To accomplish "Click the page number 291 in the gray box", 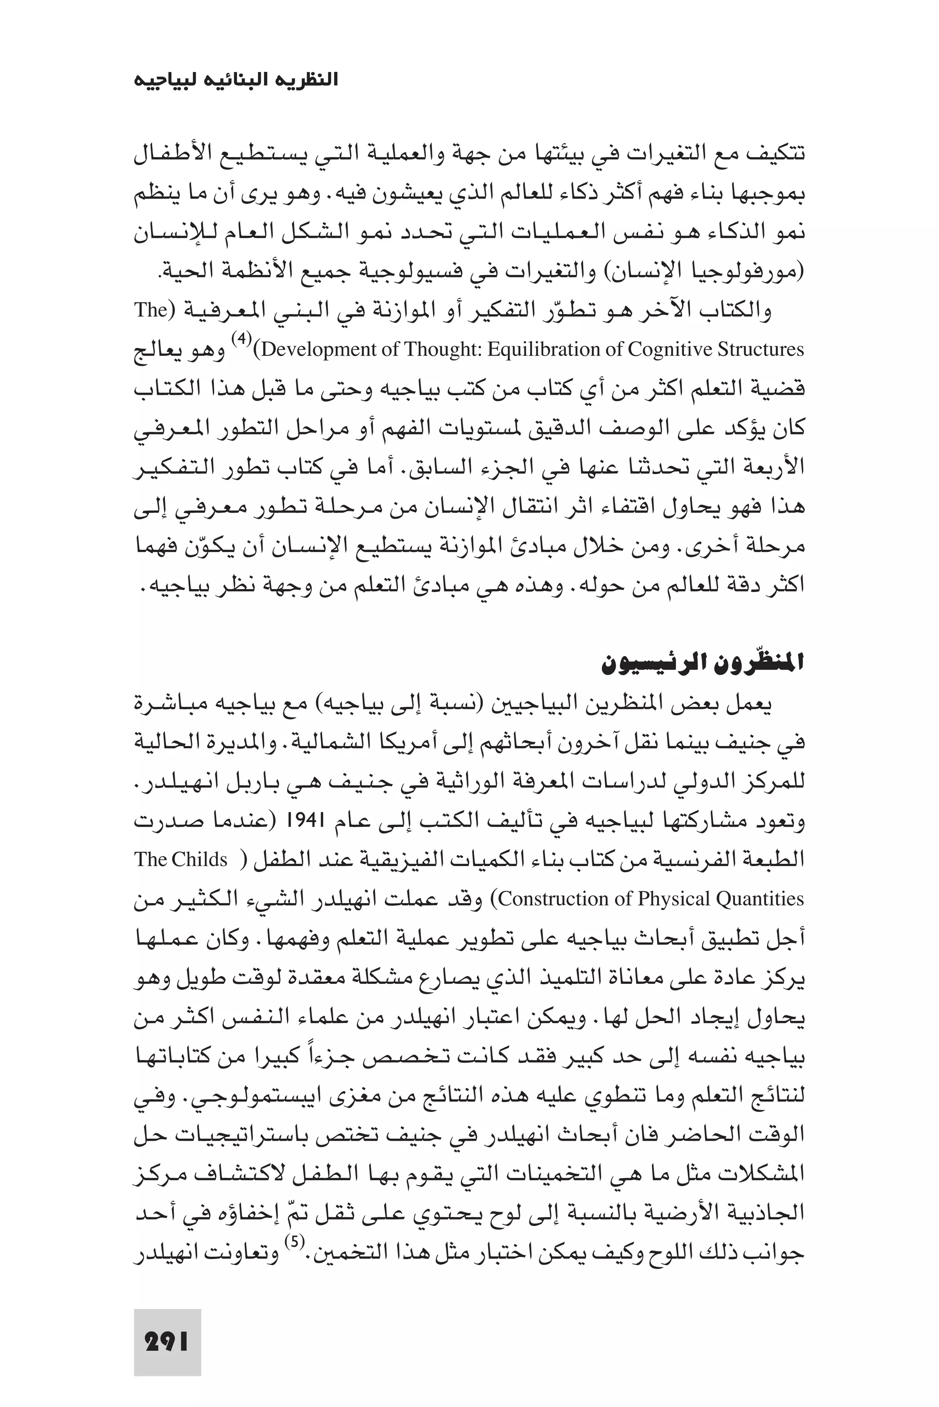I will (x=167, y=1342).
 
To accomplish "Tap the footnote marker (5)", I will (x=294, y=1243).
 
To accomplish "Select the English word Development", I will (x=320, y=350).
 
